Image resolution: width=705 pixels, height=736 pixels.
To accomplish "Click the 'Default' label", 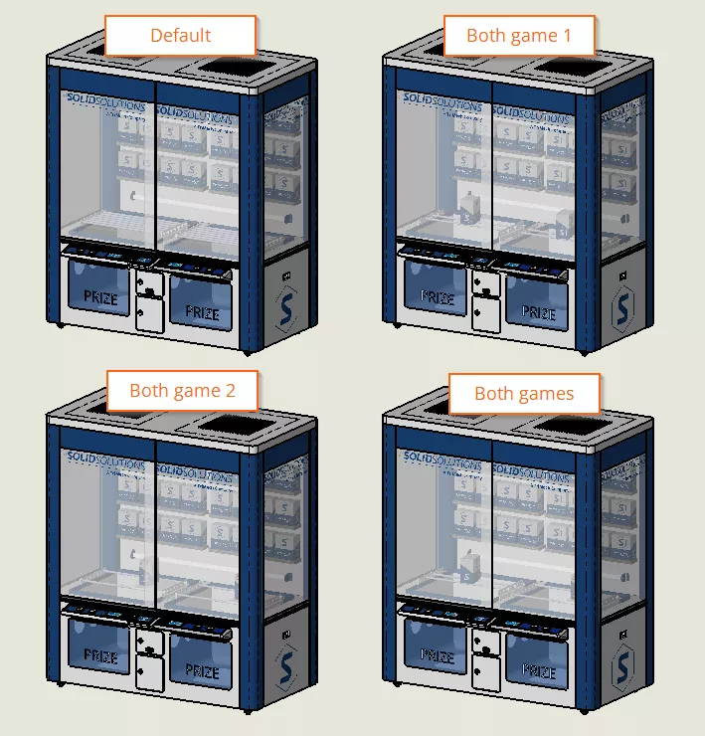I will pos(180,36).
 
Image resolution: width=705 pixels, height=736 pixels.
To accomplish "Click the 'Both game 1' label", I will pos(518,36).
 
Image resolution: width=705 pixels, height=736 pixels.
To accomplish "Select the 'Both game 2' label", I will pos(182,391).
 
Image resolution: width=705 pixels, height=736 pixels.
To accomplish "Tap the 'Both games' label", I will pos(524,394).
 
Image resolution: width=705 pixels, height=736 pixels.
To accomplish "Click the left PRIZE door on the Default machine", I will pos(99,296).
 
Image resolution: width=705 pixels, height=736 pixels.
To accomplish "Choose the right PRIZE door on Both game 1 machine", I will pos(538,310).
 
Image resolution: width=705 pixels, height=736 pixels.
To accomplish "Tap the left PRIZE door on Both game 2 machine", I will pos(99,654).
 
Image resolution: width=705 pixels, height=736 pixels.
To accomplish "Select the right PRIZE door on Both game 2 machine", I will pos(201,669).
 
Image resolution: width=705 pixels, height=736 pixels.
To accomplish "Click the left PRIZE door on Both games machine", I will pos(437,654).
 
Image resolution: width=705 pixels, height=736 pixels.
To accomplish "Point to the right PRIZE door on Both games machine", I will pos(538,669).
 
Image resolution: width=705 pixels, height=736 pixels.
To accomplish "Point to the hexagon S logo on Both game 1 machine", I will pos(623,310).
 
